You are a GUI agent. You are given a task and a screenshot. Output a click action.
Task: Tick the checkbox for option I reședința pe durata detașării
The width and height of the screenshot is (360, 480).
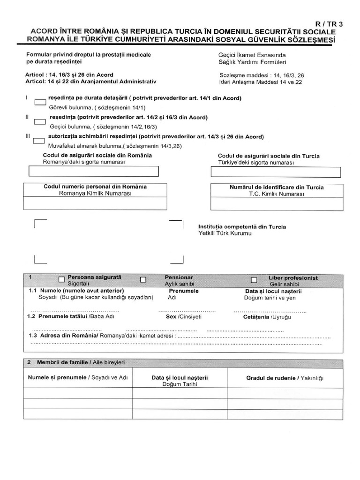pyautogui.click(x=40, y=102)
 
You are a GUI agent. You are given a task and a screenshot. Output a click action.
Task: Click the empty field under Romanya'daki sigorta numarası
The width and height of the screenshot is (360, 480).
pyautogui.click(x=97, y=172)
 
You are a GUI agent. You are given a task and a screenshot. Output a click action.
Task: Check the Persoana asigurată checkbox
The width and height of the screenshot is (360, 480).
pyautogui.click(x=61, y=280)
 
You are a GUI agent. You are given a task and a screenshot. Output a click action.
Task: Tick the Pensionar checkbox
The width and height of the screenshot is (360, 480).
pyautogui.click(x=143, y=280)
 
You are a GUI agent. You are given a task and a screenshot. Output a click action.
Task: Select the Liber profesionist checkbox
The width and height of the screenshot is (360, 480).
pyautogui.click(x=254, y=280)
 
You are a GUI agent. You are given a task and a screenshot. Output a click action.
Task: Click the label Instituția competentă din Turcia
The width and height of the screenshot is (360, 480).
pyautogui.click(x=242, y=226)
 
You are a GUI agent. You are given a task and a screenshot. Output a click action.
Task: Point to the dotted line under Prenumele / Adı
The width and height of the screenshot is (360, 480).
pyautogui.click(x=187, y=311)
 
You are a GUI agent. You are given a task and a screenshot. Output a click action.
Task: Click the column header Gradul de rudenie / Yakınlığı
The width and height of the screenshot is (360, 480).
pyautogui.click(x=285, y=378)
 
